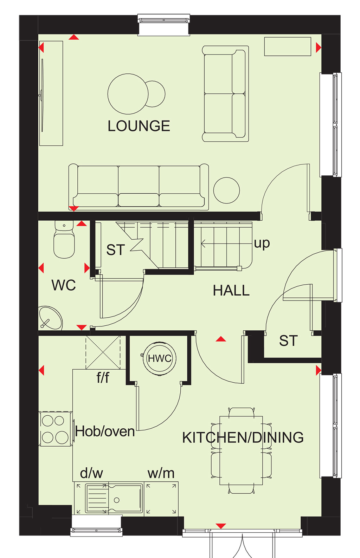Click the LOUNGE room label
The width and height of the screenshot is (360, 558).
pos(139,126)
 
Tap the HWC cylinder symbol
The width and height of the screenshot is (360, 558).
pos(159,358)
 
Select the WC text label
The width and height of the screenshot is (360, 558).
pos(64,285)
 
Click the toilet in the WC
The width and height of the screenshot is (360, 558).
pos(64,239)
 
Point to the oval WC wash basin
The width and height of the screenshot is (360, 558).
pos(50,318)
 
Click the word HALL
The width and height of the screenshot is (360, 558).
pos(231,291)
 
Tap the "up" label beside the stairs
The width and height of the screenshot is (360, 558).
pos(262,243)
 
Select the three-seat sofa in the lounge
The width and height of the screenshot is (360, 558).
pos(139,187)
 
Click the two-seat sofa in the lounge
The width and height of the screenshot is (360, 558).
pos(225,94)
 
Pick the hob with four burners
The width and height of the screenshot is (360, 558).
pos(55,429)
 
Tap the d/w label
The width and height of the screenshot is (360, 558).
pos(91,473)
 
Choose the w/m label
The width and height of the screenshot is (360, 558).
pos(161,473)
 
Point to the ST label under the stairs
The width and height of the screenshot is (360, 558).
pos(115,250)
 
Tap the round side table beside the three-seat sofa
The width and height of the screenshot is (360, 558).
pos(226,190)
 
